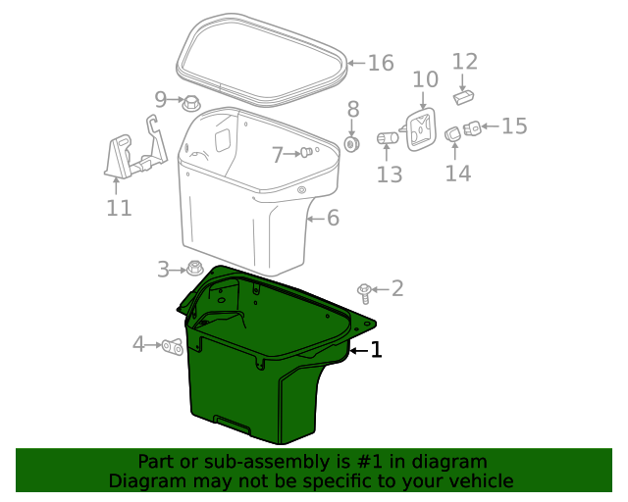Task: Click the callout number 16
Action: pyautogui.click(x=381, y=63)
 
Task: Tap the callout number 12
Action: pyautogui.click(x=464, y=62)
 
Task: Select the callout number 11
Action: pyautogui.click(x=119, y=208)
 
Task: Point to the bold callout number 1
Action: pyautogui.click(x=376, y=350)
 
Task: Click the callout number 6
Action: pyautogui.click(x=333, y=219)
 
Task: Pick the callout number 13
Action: pyautogui.click(x=390, y=175)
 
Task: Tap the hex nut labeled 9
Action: pyautogui.click(x=191, y=104)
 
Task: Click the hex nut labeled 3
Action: pyautogui.click(x=195, y=268)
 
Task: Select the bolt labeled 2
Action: pyautogui.click(x=364, y=293)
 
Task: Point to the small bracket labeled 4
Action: pyautogui.click(x=173, y=347)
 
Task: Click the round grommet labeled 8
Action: pyautogui.click(x=352, y=144)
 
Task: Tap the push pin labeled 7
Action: pyautogui.click(x=306, y=152)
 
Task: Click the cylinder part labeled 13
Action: pyautogui.click(x=388, y=138)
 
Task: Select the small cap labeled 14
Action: pyautogui.click(x=452, y=134)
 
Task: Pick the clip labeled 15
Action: pyautogui.click(x=472, y=128)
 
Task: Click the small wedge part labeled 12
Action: pyautogui.click(x=463, y=97)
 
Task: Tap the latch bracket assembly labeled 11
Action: pyautogui.click(x=135, y=148)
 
